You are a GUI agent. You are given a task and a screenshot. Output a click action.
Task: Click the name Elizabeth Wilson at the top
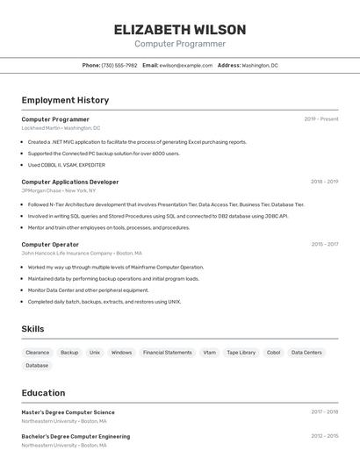click(180, 29)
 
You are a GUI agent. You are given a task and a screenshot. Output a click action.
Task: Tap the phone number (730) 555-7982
click(119, 65)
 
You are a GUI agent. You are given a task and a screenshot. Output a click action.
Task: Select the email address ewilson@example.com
click(186, 65)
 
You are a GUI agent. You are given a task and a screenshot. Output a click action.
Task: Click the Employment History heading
click(65, 100)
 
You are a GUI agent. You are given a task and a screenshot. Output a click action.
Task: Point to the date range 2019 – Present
click(321, 119)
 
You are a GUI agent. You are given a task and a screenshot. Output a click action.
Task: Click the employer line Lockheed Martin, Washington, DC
click(61, 128)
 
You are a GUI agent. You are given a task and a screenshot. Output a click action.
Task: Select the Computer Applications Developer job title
click(70, 182)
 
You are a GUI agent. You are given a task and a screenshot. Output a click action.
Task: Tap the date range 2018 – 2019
click(324, 182)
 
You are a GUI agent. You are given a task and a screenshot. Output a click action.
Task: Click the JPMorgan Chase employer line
click(59, 190)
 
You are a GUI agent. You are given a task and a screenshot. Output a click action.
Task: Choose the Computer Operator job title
click(50, 244)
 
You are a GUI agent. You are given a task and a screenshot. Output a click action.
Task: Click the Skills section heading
click(33, 329)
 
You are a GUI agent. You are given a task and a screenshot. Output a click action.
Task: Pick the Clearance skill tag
click(38, 353)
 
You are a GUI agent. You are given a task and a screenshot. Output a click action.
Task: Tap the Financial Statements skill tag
click(167, 353)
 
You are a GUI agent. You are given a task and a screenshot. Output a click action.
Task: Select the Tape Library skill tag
click(241, 353)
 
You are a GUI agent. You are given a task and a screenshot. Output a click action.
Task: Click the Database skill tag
click(37, 365)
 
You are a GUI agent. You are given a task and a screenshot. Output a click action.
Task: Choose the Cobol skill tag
click(273, 353)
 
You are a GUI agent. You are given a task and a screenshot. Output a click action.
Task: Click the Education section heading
click(43, 392)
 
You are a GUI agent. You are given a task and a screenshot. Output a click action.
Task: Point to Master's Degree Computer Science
click(68, 412)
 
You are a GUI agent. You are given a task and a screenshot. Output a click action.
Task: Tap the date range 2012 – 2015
click(324, 436)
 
